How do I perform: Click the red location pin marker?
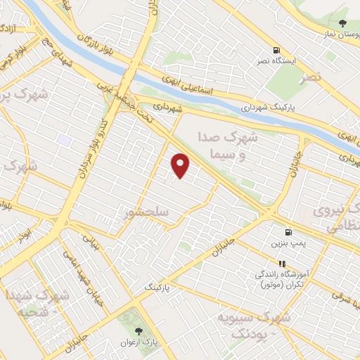(181, 165)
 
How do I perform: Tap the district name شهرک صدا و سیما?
(234, 146)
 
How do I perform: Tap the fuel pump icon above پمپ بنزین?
(288, 232)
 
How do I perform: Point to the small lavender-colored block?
(65, 140)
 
